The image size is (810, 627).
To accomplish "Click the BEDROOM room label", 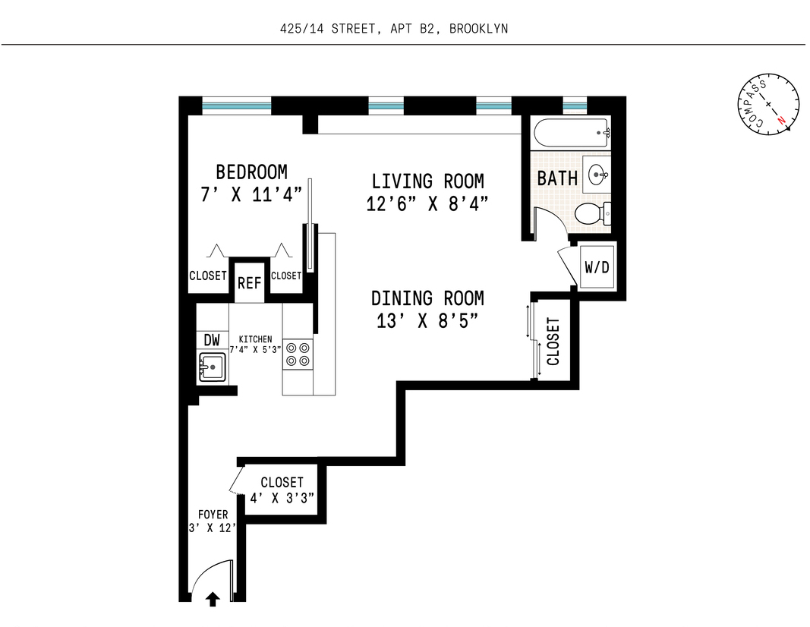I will coord(251,172).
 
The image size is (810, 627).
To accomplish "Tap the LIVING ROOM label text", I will coord(427,181).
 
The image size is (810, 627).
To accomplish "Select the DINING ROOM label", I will coord(427,298).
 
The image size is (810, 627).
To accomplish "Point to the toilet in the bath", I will coord(592,214).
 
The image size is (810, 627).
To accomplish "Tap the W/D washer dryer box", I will coord(597,268).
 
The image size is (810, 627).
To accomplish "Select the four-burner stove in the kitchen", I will coord(298,354).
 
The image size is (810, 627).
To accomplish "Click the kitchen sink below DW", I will coord(211,367).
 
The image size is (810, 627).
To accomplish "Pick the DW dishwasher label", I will coord(211,341).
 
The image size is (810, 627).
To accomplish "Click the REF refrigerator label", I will coord(249,283).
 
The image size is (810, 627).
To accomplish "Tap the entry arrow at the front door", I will coord(213,600).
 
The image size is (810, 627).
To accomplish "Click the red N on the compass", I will coord(780,120).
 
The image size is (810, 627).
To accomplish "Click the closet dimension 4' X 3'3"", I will coord(282,498).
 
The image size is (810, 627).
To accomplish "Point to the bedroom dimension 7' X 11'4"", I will coord(251,194).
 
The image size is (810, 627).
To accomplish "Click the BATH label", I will coord(557,178).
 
